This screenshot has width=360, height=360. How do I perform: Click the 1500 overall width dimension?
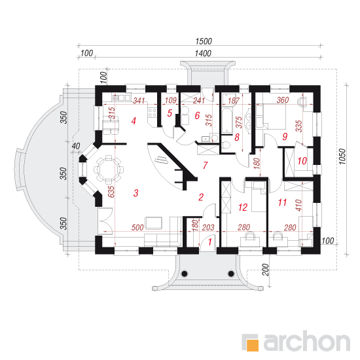(x=204, y=41)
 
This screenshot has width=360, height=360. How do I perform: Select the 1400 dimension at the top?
(x=203, y=54)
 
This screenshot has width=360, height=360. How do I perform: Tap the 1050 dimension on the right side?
(x=342, y=156)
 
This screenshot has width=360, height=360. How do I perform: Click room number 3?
(x=136, y=193)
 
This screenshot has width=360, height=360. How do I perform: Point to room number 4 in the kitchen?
(x=134, y=121)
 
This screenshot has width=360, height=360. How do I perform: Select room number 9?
(x=285, y=137)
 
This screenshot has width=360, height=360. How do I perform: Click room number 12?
(x=243, y=207)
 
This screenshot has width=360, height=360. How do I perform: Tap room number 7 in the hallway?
(x=206, y=166)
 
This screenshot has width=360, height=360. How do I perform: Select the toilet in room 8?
(x=227, y=145)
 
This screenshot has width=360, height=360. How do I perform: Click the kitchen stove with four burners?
(x=152, y=113)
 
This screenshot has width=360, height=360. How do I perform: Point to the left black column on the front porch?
(x=185, y=274)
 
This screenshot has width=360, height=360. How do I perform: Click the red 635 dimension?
(x=111, y=192)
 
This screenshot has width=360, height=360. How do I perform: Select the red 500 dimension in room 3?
(x=137, y=228)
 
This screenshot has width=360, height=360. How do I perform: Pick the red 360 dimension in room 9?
(x=283, y=100)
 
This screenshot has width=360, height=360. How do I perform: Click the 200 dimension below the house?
(x=265, y=270)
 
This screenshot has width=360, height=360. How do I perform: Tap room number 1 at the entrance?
(x=210, y=242)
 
